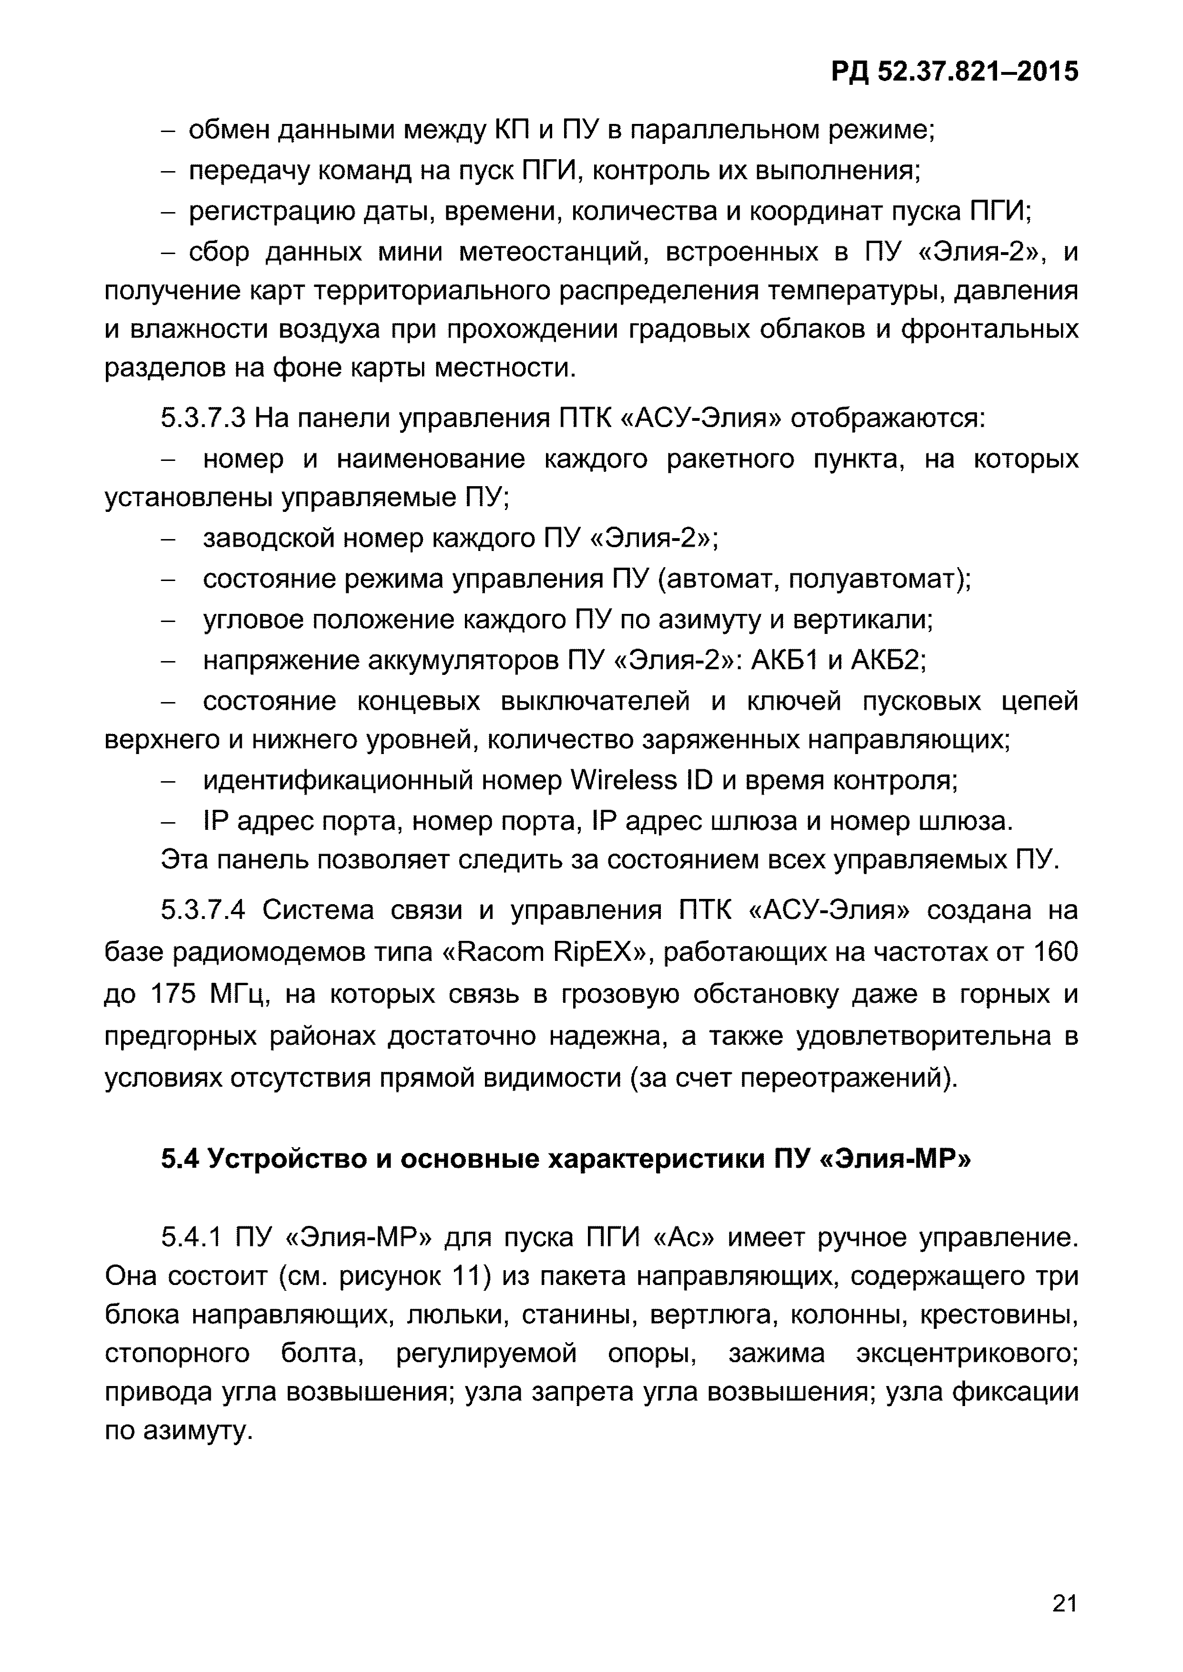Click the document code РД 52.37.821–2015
tap(954, 72)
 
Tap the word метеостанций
tap(554, 252)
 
